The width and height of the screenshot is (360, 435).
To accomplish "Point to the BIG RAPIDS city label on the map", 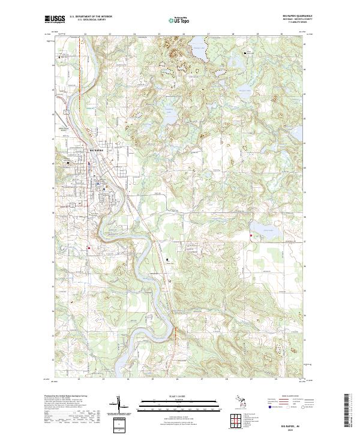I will [96, 149].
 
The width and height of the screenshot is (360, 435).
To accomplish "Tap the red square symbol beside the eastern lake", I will [250, 236].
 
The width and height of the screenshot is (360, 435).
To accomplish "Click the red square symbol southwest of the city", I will [89, 247].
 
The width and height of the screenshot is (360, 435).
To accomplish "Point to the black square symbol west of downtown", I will [68, 162].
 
